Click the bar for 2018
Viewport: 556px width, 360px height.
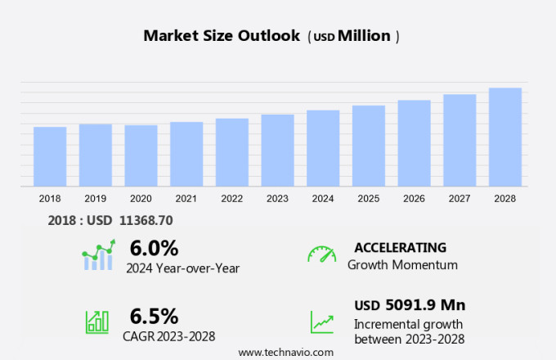click(50, 156)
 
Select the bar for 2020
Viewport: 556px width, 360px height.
click(141, 155)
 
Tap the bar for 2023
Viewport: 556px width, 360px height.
click(277, 151)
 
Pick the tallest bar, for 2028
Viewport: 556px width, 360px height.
click(505, 137)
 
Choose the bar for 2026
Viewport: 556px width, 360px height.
click(414, 143)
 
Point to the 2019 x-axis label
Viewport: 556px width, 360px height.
click(95, 198)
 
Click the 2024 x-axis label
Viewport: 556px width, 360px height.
click(323, 198)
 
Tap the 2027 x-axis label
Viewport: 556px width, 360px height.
click(460, 198)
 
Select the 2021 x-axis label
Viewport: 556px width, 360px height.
click(186, 198)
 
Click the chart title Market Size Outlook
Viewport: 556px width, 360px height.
click(222, 36)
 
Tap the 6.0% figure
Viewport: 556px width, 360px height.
click(154, 248)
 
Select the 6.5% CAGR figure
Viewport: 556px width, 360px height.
click(154, 316)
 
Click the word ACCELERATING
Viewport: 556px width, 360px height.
click(400, 248)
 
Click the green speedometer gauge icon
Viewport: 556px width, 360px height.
click(321, 254)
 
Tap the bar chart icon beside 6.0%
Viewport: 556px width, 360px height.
click(99, 255)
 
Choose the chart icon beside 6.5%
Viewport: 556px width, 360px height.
click(97, 321)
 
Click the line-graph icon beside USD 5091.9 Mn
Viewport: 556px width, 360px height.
click(321, 322)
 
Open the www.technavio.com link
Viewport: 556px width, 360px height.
click(285, 352)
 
